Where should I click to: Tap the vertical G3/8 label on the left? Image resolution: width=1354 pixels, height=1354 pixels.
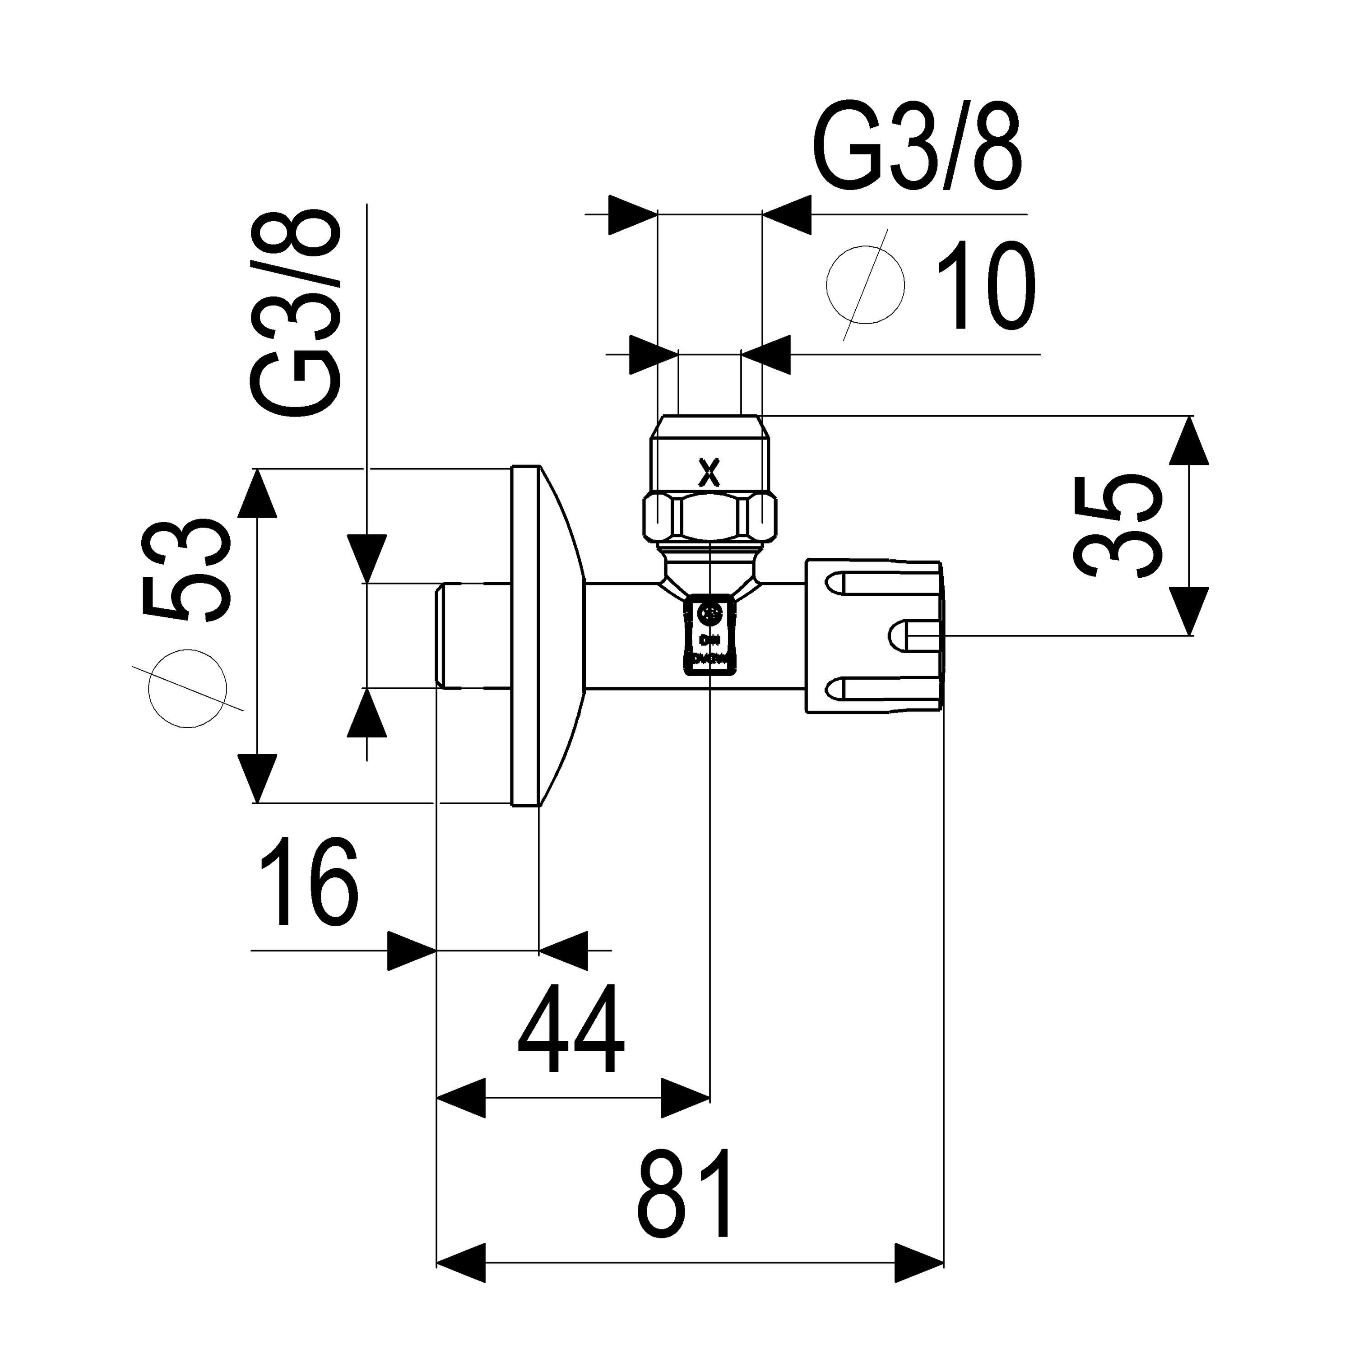click(297, 313)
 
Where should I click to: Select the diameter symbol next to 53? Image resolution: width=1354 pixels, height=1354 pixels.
click(188, 687)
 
